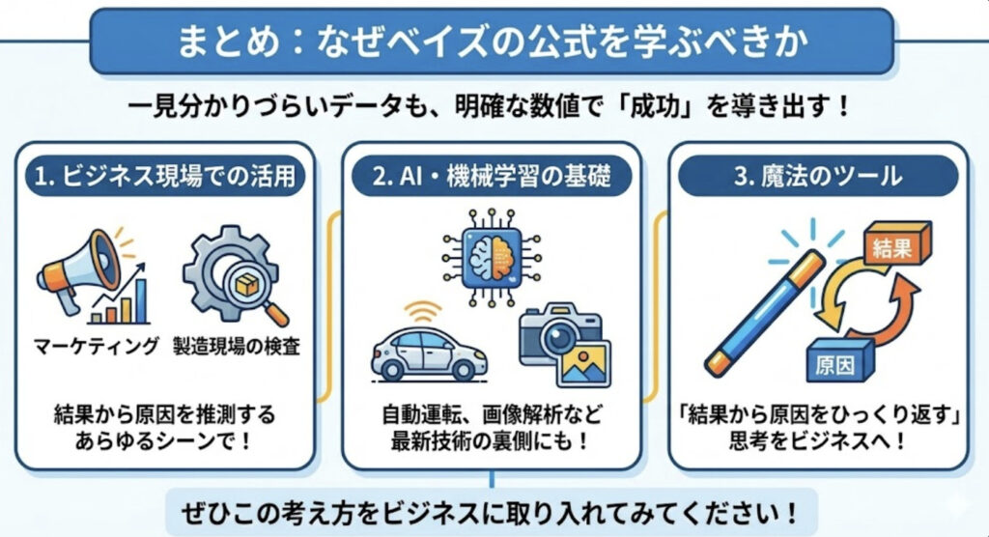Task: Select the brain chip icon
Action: click(491, 254)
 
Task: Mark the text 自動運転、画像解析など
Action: click(492, 416)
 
